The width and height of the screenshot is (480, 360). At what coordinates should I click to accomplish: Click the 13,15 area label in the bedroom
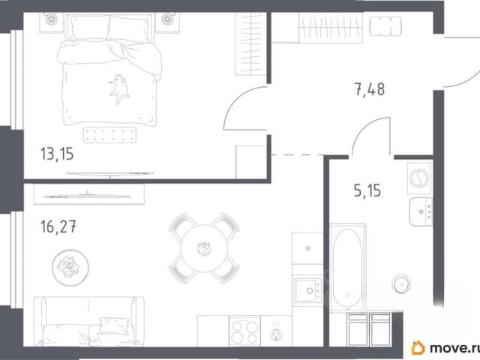coord(57,154)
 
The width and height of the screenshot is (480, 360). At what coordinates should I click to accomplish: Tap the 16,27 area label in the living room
coord(58,226)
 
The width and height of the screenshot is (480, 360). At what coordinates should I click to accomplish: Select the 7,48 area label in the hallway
coord(370,89)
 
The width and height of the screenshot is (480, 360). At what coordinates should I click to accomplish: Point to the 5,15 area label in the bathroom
coord(367,190)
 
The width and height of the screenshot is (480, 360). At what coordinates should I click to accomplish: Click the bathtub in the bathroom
coord(347,268)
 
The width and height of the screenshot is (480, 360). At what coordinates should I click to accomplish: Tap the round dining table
coord(204,248)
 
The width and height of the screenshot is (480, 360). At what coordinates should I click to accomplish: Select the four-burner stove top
coord(244,331)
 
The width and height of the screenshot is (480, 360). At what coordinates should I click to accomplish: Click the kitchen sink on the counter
coord(307,290)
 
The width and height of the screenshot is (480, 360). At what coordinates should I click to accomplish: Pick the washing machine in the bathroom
coord(419,178)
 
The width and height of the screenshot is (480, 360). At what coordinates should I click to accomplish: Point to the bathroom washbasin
coord(421,211)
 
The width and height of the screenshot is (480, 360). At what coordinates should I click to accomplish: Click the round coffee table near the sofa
coord(70,268)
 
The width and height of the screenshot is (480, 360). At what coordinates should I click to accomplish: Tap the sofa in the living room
coord(88,322)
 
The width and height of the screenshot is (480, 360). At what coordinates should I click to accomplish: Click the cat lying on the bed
coord(119,88)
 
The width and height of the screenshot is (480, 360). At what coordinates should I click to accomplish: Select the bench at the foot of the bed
coord(109,135)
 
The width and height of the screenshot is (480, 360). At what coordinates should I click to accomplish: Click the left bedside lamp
coord(52,19)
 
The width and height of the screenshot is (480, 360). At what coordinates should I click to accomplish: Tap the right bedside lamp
coord(167,19)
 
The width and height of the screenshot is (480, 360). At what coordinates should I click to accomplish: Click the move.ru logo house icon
coord(418,348)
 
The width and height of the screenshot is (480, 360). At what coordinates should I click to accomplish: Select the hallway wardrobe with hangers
coord(331,28)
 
